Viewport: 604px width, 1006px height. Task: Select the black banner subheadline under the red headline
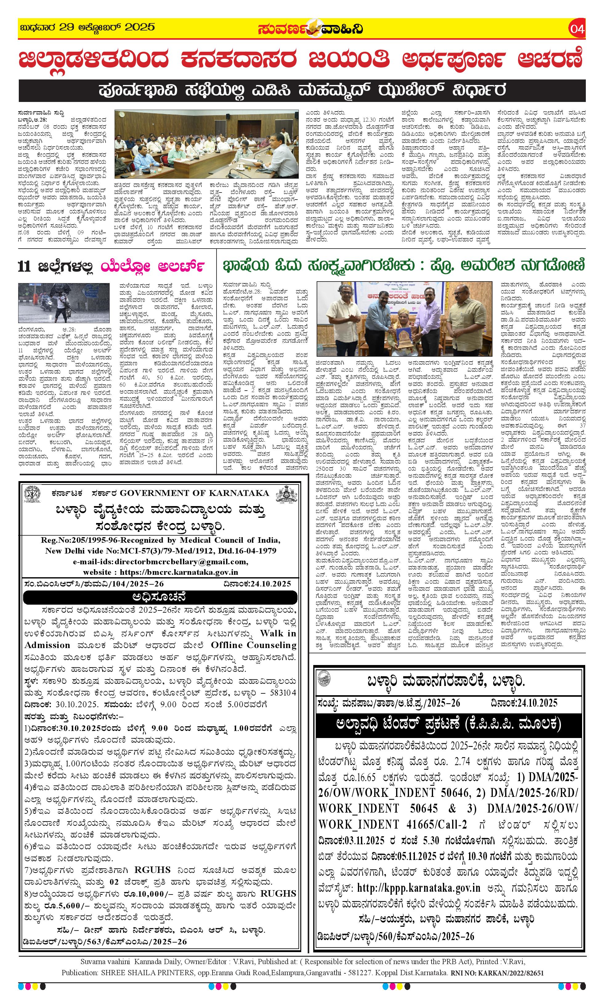[302, 90]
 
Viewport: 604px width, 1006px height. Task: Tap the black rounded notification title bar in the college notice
[160, 598]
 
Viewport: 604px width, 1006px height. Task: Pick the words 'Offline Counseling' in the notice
[253, 645]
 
